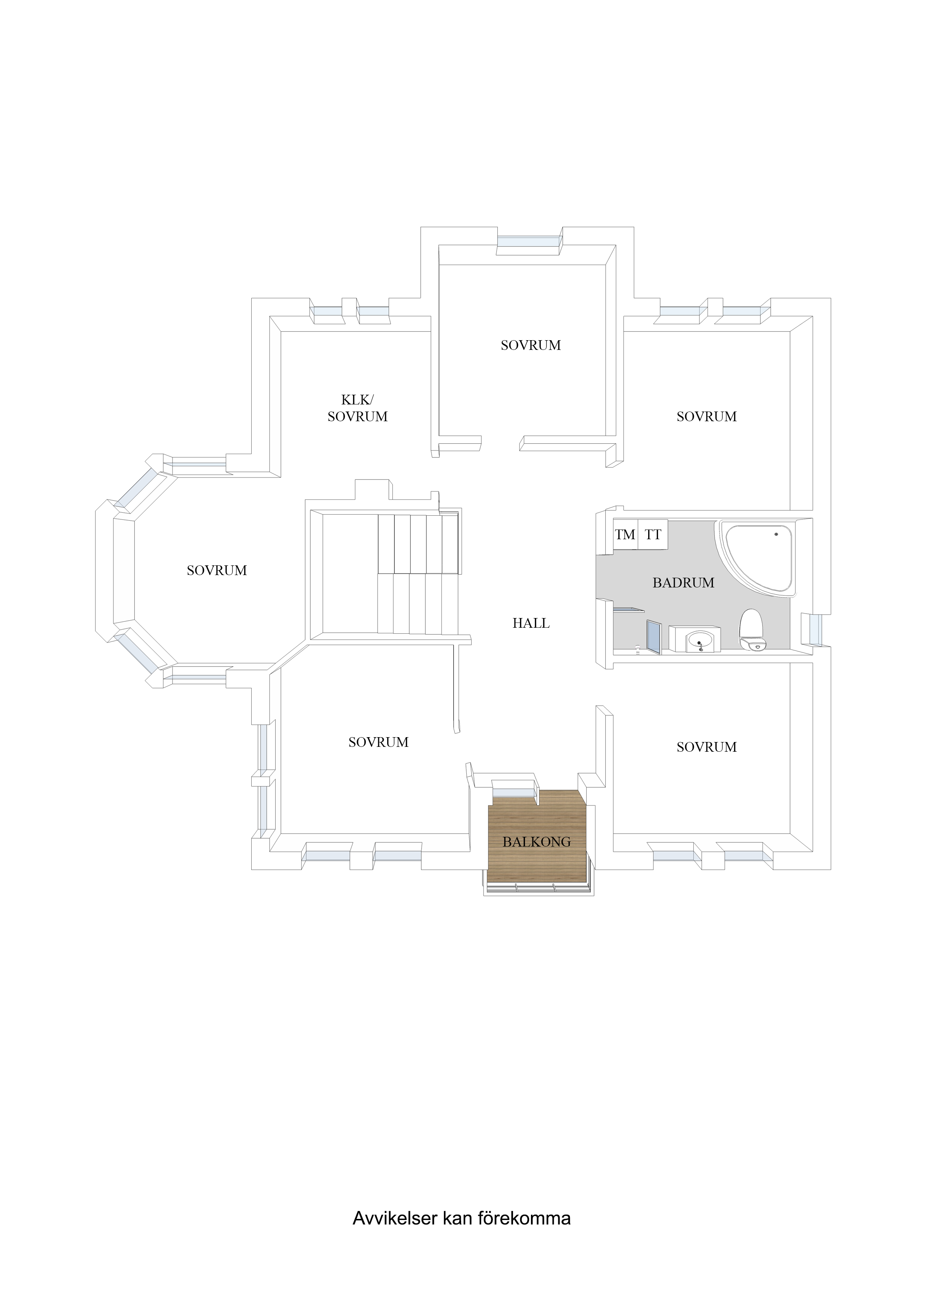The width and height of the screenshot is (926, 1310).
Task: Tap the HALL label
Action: [531, 623]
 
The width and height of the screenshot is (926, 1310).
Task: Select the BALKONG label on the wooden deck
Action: [536, 842]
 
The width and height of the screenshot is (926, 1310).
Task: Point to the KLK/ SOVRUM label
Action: [357, 408]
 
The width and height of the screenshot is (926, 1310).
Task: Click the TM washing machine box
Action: [625, 535]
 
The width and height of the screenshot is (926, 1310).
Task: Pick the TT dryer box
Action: [653, 535]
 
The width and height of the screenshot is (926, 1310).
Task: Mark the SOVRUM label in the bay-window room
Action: [217, 570]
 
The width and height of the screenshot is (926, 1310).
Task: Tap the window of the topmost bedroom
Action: [529, 241]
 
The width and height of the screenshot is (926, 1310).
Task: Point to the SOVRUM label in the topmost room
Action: [531, 345]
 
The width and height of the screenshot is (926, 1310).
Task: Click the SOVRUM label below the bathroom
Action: [706, 747]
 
